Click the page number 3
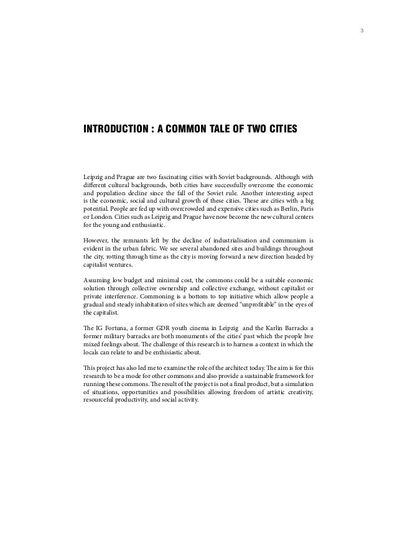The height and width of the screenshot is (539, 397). click(x=362, y=30)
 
